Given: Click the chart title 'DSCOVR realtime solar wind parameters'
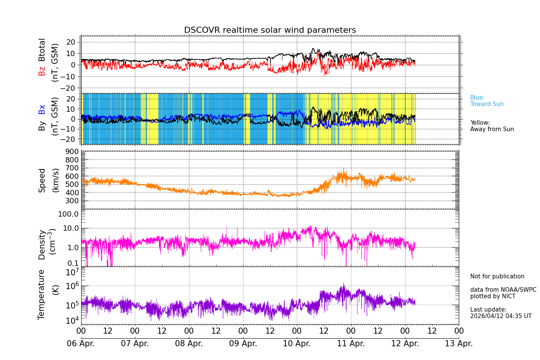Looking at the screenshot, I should click(x=270, y=30).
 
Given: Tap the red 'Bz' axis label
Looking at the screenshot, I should click(x=42, y=71).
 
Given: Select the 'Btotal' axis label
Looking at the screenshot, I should click(x=42, y=50).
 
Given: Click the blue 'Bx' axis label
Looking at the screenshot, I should click(x=42, y=109).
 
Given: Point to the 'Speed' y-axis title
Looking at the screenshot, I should click(x=42, y=180).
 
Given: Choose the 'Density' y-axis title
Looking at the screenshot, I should click(x=42, y=244).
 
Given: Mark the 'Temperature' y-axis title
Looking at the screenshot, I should click(x=42, y=294).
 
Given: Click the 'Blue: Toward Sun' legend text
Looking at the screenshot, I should click(x=487, y=101).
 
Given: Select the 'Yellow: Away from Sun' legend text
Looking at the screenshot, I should click(x=492, y=126).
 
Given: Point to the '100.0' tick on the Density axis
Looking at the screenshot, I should click(x=68, y=214).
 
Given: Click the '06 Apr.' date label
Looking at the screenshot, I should click(x=81, y=343).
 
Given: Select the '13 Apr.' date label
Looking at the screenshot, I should click(x=459, y=343).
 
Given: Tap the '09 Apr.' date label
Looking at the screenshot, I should click(x=243, y=343).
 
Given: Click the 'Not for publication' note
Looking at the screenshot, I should click(x=497, y=276).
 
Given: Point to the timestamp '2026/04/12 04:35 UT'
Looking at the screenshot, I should click(x=500, y=316).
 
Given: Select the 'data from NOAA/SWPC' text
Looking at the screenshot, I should click(x=503, y=290).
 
